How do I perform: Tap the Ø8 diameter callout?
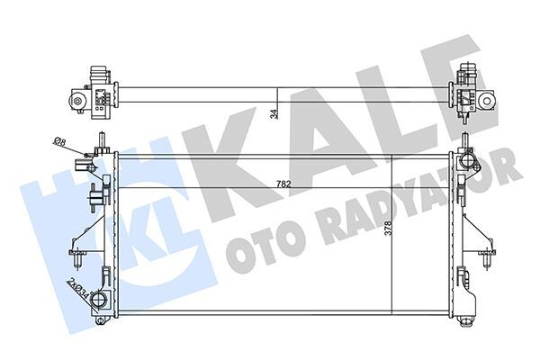tap(59, 141)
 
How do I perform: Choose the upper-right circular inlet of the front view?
tap(465, 163)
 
